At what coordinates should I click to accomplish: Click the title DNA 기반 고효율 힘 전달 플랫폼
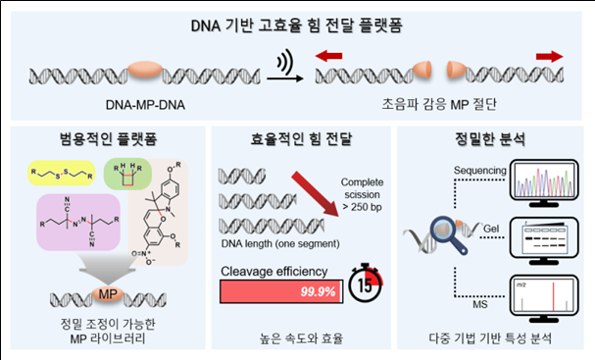click(x=297, y=23)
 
